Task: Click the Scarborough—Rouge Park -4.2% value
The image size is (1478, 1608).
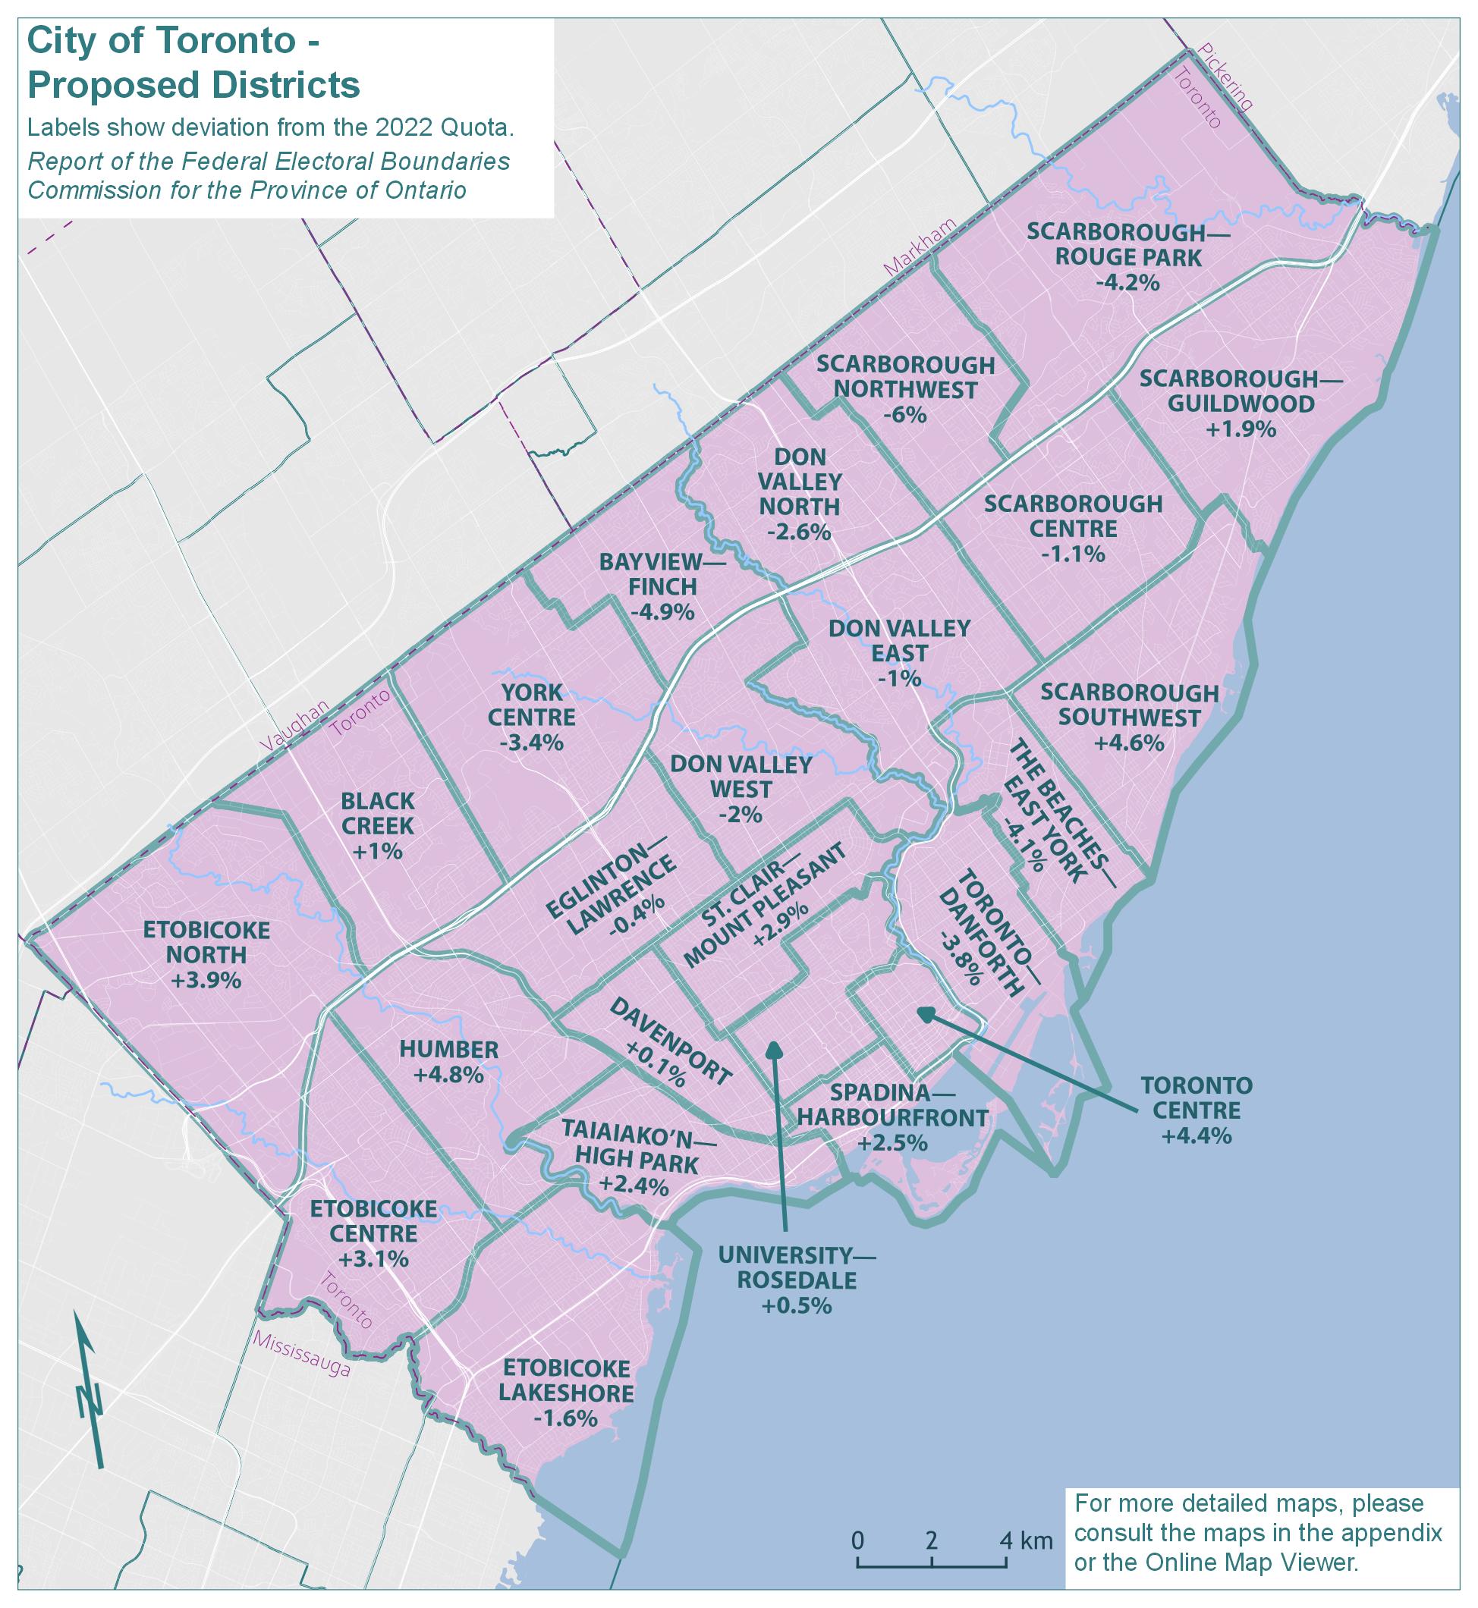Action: [x=1127, y=282]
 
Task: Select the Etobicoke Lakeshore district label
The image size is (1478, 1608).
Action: [x=566, y=1392]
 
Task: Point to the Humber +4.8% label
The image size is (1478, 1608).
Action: [x=448, y=1062]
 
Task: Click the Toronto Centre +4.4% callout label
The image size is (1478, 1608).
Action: [x=1197, y=1110]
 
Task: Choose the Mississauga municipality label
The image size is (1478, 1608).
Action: [x=301, y=1354]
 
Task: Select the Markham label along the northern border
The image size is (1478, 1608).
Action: [x=919, y=247]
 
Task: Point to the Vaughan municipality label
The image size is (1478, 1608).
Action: [x=294, y=724]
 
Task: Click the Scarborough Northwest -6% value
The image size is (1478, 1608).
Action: [x=905, y=416]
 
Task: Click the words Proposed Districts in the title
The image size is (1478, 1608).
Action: [x=194, y=85]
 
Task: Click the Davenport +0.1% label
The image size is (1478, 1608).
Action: [x=670, y=1043]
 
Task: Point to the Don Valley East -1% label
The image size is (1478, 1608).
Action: [x=899, y=652]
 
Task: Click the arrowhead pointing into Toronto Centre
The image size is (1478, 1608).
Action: [x=925, y=1014]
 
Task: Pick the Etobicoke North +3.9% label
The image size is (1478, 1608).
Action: [x=206, y=955]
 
